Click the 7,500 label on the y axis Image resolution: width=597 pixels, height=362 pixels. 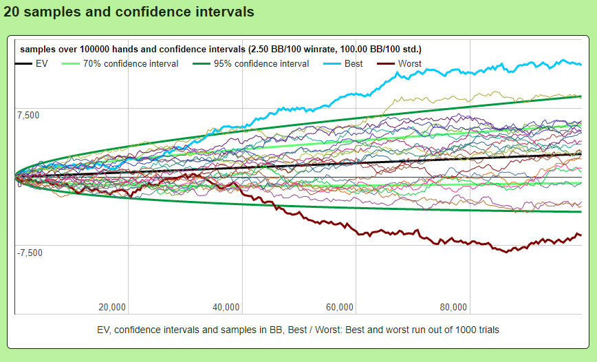[x=30, y=115]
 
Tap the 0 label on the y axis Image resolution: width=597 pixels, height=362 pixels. [x=20, y=184]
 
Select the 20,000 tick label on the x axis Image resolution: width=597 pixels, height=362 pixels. [x=112, y=307]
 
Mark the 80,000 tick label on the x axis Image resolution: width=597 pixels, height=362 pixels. [x=454, y=307]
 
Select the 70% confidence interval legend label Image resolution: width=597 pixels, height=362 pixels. [x=130, y=64]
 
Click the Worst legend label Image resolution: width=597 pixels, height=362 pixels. [x=410, y=64]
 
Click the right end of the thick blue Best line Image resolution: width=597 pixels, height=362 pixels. [x=581, y=65]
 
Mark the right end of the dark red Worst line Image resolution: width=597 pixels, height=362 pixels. [x=581, y=235]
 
